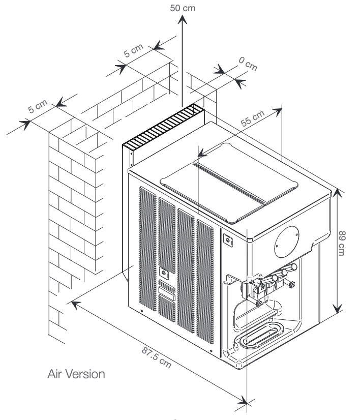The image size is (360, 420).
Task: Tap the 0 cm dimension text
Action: coord(248,64)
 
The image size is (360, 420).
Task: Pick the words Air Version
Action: coord(76,374)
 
